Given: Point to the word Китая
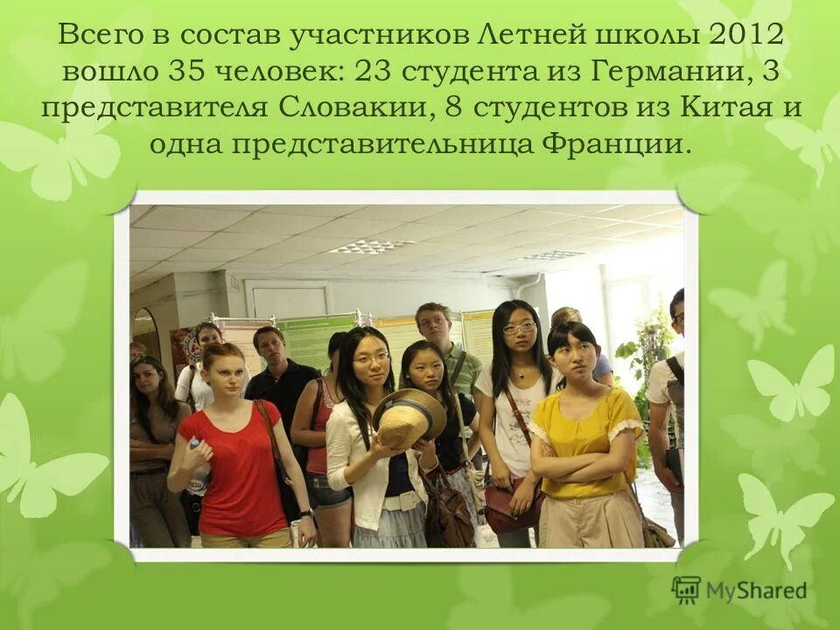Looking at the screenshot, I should tap(731, 109).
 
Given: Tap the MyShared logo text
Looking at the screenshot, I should tap(755, 590).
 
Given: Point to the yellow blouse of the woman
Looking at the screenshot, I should tap(585, 442).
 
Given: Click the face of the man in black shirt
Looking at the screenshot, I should tap(269, 346).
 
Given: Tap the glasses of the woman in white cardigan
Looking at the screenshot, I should tap(372, 358).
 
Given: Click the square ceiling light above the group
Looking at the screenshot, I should tap(371, 246).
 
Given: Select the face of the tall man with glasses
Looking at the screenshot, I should tap(432, 324).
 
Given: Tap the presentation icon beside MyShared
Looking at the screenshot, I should tap(686, 589).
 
